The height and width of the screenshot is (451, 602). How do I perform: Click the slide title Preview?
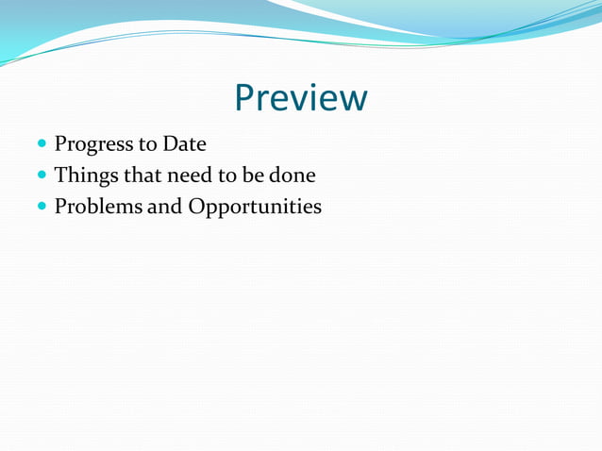click(x=301, y=98)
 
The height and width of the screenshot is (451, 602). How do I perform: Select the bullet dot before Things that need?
click(x=42, y=175)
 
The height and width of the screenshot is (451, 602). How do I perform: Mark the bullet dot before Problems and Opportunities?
click(x=42, y=206)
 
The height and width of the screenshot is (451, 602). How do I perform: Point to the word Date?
click(x=184, y=144)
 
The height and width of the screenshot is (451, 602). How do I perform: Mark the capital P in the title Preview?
click(x=245, y=98)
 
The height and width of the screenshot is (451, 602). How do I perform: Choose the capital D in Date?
click(x=170, y=144)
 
